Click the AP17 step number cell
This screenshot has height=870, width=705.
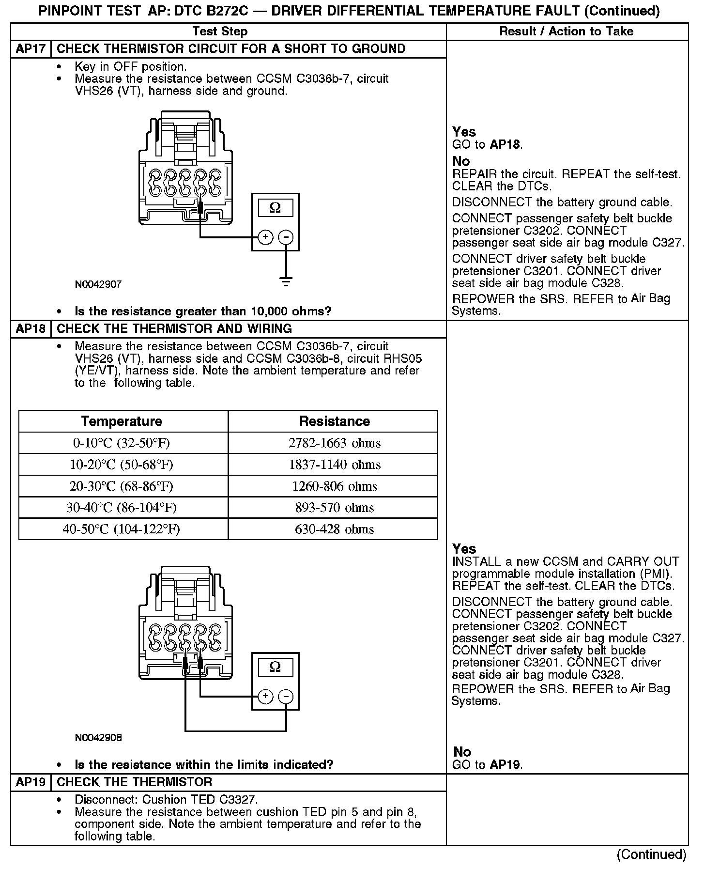31,49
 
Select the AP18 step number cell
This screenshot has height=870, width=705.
31,329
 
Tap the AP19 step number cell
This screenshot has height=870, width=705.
31,782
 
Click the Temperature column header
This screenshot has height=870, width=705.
122,421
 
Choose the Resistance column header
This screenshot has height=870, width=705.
335,421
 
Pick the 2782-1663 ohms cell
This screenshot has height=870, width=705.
335,443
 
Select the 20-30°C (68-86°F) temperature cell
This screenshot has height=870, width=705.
122,486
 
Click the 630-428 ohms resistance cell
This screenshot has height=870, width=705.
335,529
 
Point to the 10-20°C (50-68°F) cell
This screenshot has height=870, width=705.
122,465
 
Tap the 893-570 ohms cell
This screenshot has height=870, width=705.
335,508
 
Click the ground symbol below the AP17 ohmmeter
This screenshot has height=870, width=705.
286,281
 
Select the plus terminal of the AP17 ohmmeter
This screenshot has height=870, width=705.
265,237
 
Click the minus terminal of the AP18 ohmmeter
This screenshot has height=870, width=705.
286,697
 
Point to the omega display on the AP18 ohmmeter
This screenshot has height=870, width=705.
275,667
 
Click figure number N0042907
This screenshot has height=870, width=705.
98,284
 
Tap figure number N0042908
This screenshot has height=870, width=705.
98,738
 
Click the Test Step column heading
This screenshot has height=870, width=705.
220,31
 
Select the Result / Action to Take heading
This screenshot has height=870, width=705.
566,31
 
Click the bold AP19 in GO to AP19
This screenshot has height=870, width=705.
505,765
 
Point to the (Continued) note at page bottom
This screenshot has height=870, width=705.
651,854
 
